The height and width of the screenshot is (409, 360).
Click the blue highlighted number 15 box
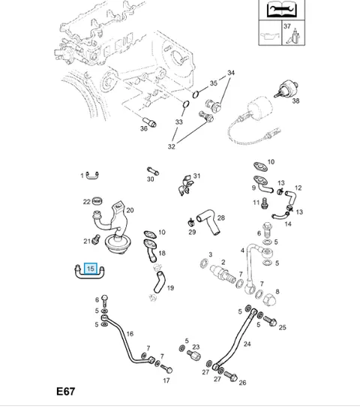(x=91, y=269)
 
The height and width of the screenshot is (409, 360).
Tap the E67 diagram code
(x=66, y=391)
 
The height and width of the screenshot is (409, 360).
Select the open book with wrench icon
(x=281, y=10)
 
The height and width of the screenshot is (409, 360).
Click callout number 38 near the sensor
(x=295, y=101)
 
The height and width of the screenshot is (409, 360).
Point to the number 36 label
(x=144, y=128)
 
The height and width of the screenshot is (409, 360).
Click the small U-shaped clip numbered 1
(x=92, y=176)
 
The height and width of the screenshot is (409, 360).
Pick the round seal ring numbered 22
(x=97, y=201)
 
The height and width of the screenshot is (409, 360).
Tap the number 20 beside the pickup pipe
(x=130, y=210)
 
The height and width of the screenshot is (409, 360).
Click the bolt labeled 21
(x=96, y=239)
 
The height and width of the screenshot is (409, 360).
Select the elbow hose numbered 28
(x=208, y=221)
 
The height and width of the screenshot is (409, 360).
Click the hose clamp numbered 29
(x=191, y=222)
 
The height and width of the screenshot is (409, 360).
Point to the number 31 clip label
(x=196, y=176)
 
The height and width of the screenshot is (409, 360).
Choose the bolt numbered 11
(x=265, y=203)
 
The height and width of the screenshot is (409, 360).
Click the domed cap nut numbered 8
(x=268, y=299)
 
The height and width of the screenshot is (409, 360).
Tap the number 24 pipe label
(x=247, y=344)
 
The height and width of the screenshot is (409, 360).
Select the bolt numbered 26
(x=230, y=377)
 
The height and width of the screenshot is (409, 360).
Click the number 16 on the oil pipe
(x=130, y=334)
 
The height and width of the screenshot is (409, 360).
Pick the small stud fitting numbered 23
(x=193, y=356)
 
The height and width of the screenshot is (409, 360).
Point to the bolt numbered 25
(x=270, y=321)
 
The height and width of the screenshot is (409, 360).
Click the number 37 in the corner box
(x=287, y=26)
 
